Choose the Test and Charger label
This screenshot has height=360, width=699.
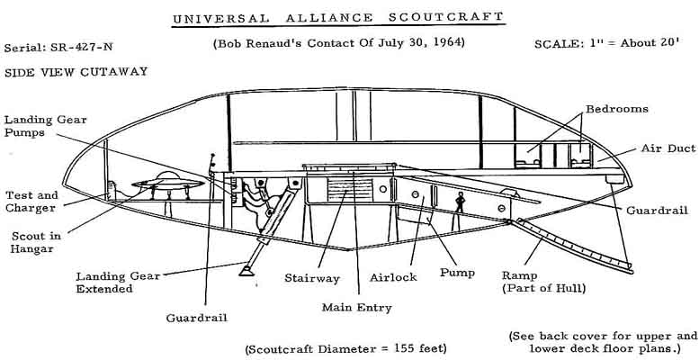(31, 202)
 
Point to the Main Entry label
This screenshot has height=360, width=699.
(356, 308)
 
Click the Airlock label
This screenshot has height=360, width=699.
(394, 277)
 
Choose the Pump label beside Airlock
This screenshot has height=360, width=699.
(457, 270)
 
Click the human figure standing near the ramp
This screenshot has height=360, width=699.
(459, 202)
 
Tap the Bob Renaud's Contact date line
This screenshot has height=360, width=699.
(336, 42)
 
